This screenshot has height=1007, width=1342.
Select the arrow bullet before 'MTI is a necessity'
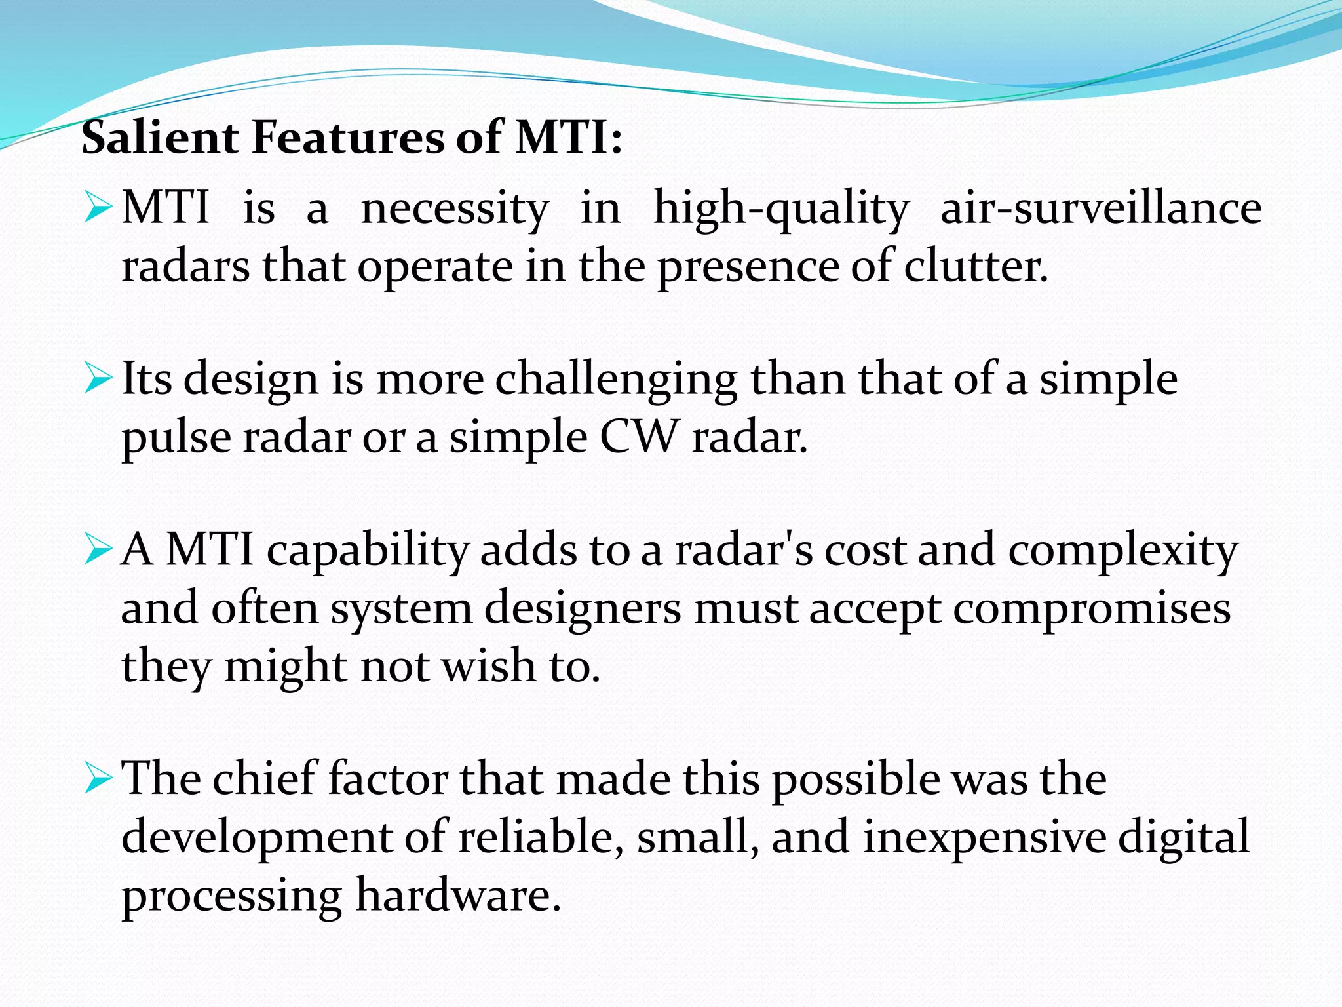(98, 208)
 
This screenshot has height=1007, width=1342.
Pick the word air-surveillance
(1101, 208)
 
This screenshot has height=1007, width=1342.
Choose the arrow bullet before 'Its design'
(98, 380)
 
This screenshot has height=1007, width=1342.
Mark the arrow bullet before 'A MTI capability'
(98, 550)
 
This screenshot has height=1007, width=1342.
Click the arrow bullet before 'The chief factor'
(98, 780)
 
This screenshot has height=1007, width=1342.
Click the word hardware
(458, 896)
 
